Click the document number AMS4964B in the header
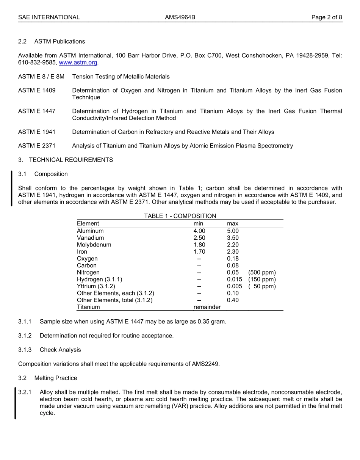(180, 17)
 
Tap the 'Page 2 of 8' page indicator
(327, 17)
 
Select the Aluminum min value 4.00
(199, 231)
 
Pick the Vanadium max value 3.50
(233, 238)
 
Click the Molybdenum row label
(94, 245)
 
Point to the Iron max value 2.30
(233, 251)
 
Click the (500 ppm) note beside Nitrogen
(262, 272)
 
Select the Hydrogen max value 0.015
(234, 279)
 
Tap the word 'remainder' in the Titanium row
(207, 307)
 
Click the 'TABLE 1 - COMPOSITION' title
(180, 216)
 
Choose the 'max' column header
(232, 224)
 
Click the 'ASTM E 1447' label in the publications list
(37, 111)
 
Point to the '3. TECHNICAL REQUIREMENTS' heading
(66, 160)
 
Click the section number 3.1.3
(25, 350)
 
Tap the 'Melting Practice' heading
(55, 378)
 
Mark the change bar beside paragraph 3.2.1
(15, 403)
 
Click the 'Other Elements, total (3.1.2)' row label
(114, 300)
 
